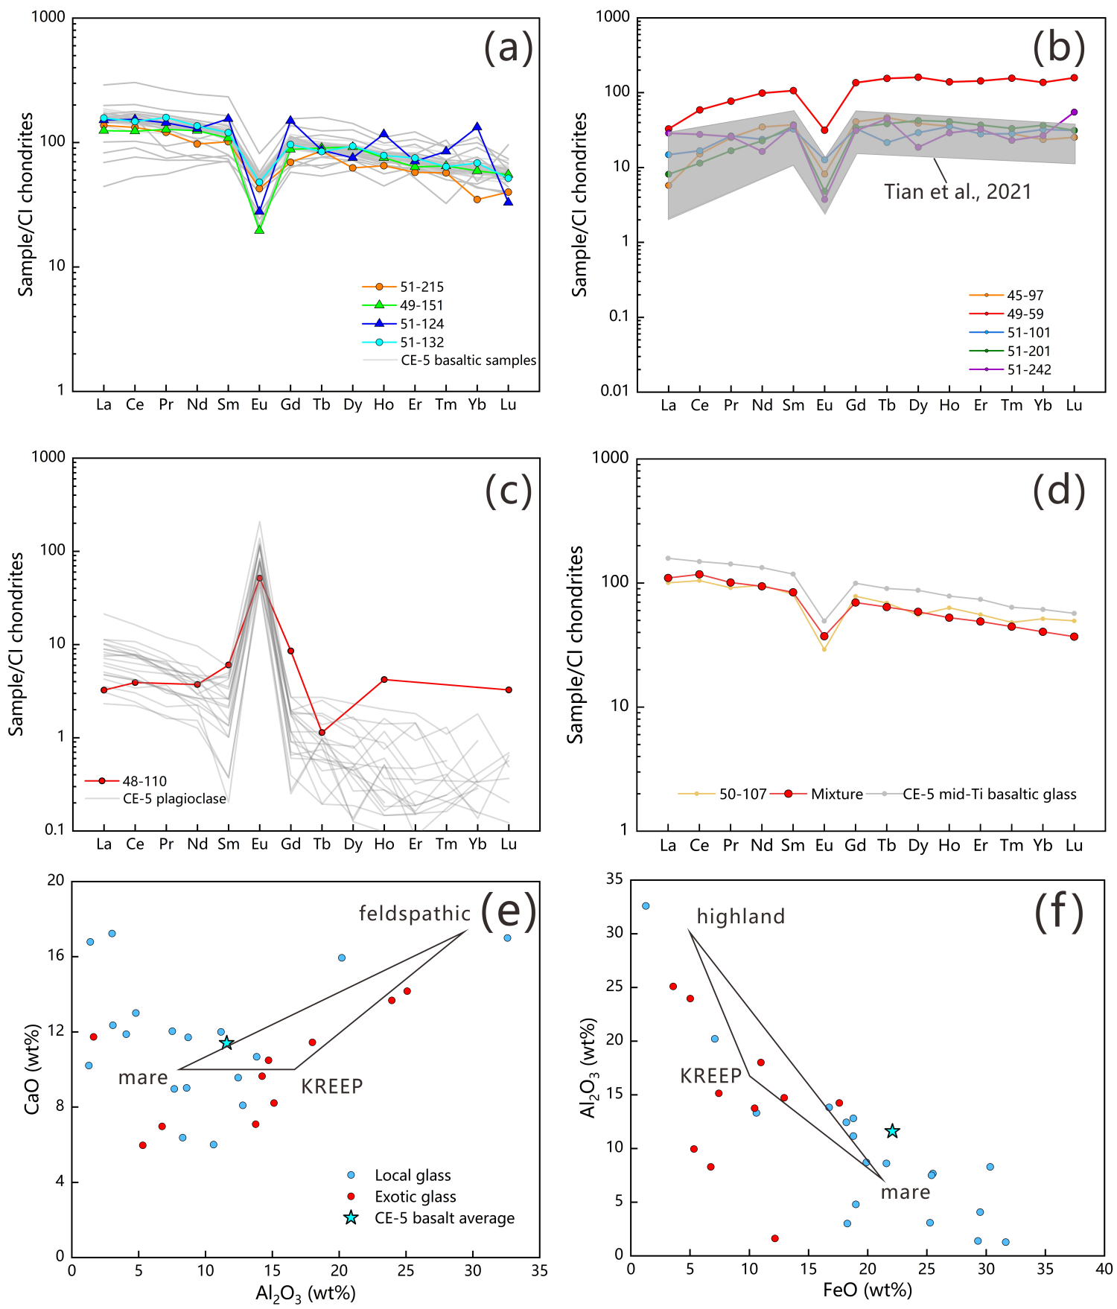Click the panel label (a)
pyautogui.click(x=509, y=48)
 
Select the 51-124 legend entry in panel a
pyautogui.click(x=421, y=324)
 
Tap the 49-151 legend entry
pyautogui.click(x=421, y=305)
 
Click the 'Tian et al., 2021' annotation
pyautogui.click(x=958, y=192)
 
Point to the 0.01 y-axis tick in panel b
pyautogui.click(x=615, y=390)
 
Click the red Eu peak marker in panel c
pyautogui.click(x=260, y=578)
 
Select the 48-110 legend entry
pyautogui.click(x=144, y=781)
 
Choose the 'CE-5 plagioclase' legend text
pyautogui.click(x=174, y=799)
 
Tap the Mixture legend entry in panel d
pyautogui.click(x=836, y=794)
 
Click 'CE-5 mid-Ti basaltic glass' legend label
pyautogui.click(x=989, y=794)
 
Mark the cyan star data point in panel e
pyautogui.click(x=227, y=1043)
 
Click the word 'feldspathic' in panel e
pyautogui.click(x=415, y=914)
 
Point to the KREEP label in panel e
pyautogui.click(x=332, y=1086)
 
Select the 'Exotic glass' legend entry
pyautogui.click(x=415, y=1197)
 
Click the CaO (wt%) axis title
pyautogui.click(x=32, y=1069)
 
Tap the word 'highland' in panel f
pyautogui.click(x=740, y=917)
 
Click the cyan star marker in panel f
pyautogui.click(x=892, y=1132)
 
